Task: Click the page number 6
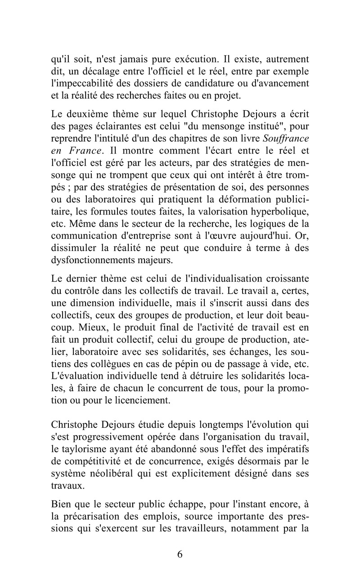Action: click(x=180, y=554)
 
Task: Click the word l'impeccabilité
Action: click(x=84, y=83)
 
